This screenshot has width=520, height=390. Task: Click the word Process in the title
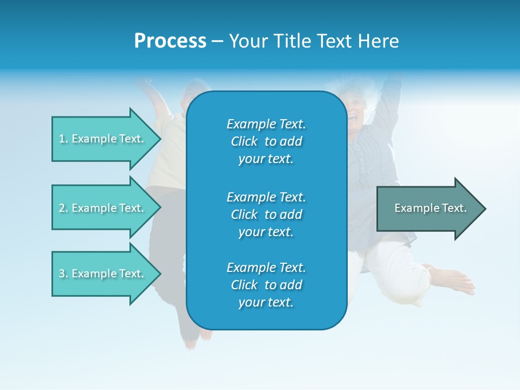(x=170, y=41)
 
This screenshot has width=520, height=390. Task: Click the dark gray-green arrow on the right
(x=428, y=209)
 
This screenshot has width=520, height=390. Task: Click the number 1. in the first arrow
(x=63, y=139)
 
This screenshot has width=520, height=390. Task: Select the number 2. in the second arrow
(x=63, y=208)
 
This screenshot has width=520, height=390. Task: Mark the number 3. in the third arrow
(x=63, y=274)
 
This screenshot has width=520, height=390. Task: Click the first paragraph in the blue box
(x=266, y=141)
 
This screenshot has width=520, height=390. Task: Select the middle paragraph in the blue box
(x=266, y=214)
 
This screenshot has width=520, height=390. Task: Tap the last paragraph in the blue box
(x=266, y=285)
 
